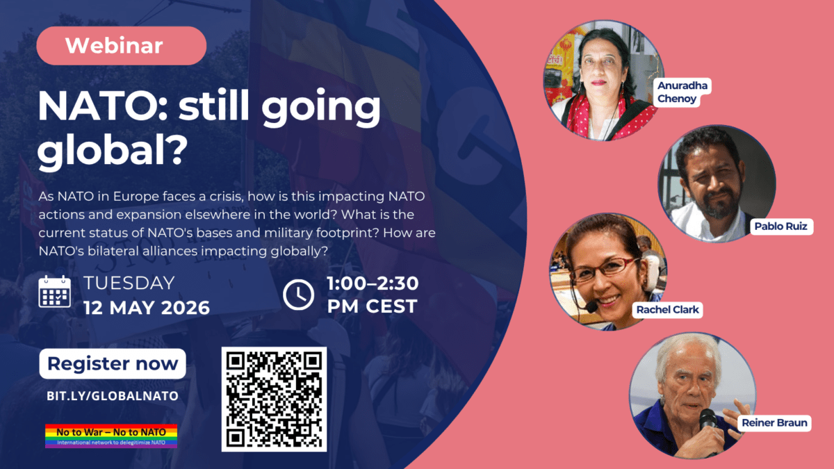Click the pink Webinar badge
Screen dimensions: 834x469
click(122, 46)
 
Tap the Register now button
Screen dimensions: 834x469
click(113, 363)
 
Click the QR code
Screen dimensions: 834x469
click(274, 400)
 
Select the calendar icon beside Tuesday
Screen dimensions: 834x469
click(55, 292)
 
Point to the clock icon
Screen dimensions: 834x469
click(298, 295)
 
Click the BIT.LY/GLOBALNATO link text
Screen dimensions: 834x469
click(113, 395)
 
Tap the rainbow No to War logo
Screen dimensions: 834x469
click(111, 436)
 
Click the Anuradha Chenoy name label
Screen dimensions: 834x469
click(682, 92)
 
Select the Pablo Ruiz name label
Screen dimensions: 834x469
click(780, 227)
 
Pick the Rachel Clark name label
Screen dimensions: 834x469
click(668, 310)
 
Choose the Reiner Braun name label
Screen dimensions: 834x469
click(774, 423)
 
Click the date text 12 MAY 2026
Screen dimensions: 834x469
click(147, 308)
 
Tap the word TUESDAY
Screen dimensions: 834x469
click(129, 283)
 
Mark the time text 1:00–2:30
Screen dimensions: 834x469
click(373, 283)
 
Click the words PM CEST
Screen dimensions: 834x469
click(373, 306)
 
